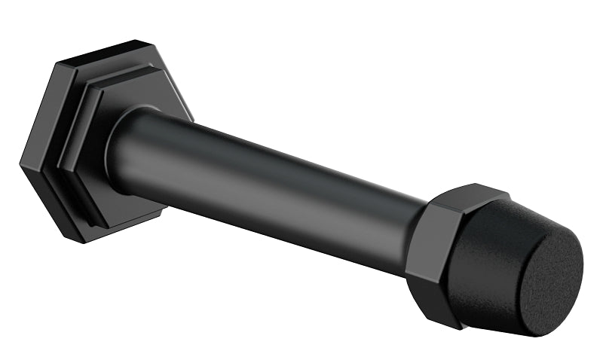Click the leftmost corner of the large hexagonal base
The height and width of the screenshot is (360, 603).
tap(20, 160)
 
